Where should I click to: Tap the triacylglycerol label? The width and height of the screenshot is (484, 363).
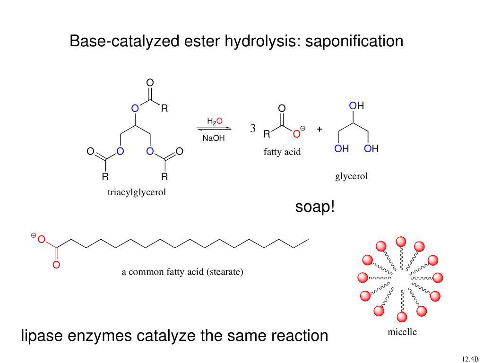coord(137,192)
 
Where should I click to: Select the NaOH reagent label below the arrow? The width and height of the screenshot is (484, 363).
coord(214,138)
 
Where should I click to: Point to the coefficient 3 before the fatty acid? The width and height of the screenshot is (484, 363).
coord(253,129)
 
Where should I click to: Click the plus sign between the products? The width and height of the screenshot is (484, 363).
coord(320,129)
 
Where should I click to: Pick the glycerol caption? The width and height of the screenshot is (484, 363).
coord(351,177)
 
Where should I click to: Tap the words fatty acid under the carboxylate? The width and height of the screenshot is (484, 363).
coord(282,152)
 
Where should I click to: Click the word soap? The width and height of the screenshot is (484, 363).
coord(315,207)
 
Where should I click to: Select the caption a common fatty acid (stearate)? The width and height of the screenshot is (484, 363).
coord(182,272)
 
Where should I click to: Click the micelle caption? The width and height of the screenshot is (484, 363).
coord(402,332)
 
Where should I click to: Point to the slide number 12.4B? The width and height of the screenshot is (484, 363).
coord(471,358)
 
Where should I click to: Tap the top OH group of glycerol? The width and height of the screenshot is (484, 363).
coord(356,106)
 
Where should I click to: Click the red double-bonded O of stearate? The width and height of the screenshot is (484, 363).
coord(56,265)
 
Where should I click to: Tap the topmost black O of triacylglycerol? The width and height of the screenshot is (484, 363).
coord(150,83)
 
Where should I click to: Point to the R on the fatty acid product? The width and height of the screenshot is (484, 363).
coord(267,134)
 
